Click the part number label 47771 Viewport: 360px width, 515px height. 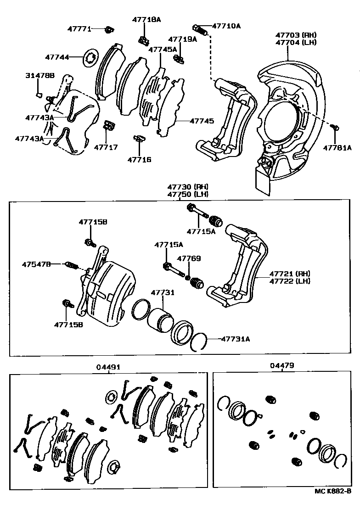click(x=80, y=28)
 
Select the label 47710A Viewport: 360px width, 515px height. click(x=225, y=26)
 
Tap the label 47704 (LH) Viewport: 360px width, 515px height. click(x=296, y=42)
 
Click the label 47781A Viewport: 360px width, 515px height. click(x=337, y=147)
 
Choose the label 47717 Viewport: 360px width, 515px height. click(x=106, y=147)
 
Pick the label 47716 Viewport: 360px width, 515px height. click(x=139, y=160)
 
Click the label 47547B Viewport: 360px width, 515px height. click(x=37, y=264)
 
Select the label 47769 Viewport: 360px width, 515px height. click(x=189, y=258)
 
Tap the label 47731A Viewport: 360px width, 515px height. click(x=236, y=339)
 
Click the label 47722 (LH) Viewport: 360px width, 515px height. click(x=290, y=281)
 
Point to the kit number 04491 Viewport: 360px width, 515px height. click(x=108, y=367)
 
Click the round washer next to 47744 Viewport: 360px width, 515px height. click(x=90, y=58)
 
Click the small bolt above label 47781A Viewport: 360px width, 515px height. click(x=335, y=127)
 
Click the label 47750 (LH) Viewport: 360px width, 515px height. click(x=188, y=194)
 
